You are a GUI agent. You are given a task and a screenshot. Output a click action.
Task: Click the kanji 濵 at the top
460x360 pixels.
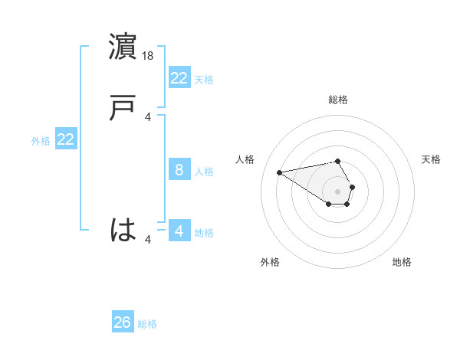coord(123,47)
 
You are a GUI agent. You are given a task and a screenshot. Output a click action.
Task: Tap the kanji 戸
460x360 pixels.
coord(123,108)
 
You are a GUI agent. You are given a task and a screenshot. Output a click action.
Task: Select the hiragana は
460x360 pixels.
coord(123,229)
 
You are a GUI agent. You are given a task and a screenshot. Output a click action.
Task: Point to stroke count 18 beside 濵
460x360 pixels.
coord(149,55)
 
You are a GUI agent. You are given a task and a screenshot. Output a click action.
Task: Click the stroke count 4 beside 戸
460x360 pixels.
coord(148,116)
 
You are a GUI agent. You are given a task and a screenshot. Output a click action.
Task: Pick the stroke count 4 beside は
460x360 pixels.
coord(148,240)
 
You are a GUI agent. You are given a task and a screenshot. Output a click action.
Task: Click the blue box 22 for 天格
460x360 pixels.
coord(179,77)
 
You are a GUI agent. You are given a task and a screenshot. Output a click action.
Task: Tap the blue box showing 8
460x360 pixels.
coord(179,170)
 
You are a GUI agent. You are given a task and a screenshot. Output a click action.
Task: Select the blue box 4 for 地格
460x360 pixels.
coord(179,231)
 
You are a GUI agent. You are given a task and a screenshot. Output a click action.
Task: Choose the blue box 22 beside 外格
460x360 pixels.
coord(66,139)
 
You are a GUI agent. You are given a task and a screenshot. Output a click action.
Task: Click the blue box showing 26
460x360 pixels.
coord(123,322)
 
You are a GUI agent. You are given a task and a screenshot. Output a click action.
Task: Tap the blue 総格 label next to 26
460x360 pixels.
coord(147,324)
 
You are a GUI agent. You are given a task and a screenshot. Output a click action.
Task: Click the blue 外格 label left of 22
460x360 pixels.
coord(41,141)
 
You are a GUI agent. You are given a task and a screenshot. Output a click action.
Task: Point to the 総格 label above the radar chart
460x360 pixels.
coord(337,100)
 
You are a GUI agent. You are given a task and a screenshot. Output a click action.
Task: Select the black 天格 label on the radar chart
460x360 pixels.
coord(431,159)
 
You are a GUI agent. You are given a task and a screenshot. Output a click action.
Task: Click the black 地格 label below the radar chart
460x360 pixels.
coord(402,262)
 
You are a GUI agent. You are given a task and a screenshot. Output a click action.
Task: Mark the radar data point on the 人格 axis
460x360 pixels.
coord(280,172)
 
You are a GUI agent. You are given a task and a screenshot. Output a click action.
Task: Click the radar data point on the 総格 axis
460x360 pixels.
coord(337,161)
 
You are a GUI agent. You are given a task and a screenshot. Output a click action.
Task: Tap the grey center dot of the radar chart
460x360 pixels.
coord(337,191)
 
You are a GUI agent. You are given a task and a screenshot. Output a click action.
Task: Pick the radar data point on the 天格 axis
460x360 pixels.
coord(352,187)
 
